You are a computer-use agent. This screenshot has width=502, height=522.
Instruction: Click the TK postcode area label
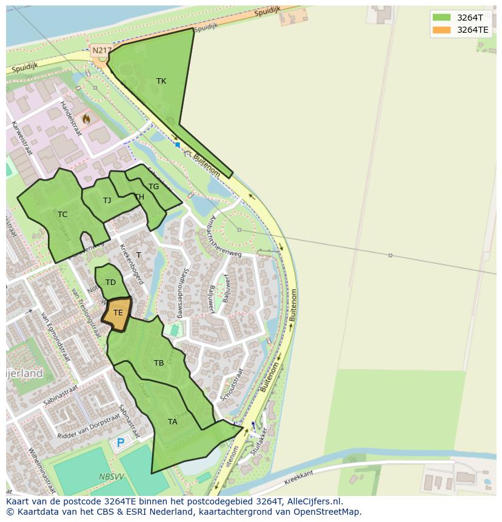pos(161,81)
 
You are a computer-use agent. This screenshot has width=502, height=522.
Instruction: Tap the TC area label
pos(62,215)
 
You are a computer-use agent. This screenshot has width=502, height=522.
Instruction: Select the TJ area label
pos(107,201)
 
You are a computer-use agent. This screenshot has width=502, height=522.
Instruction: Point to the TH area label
pos(139,197)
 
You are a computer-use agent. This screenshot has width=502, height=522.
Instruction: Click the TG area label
pos(154,187)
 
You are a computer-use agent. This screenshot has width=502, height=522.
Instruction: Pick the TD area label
pos(110,283)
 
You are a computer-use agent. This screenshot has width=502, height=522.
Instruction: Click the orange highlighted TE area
pos(118,313)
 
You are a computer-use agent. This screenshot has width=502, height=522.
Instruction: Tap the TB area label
pos(159,363)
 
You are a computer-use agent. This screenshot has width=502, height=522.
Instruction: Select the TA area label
pos(173,422)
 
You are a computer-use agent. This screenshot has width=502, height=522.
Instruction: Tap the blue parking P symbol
pos(120,443)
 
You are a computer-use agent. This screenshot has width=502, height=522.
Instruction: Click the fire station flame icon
pos(87,119)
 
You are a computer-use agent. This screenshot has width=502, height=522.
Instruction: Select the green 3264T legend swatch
pos(441,17)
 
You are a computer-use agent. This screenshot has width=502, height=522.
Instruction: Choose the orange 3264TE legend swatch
pos(441,30)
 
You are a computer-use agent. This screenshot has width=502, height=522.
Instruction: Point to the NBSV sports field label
pos(112,477)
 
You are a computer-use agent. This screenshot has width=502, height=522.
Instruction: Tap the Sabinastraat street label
pos(61,394)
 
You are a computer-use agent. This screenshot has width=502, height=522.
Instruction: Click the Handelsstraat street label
pos(71,119)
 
